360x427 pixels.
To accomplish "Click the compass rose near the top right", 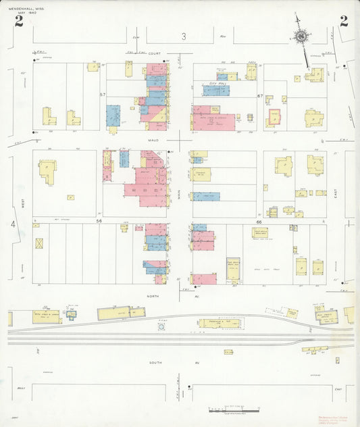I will click(302, 36).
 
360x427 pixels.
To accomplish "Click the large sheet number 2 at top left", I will click(18, 21).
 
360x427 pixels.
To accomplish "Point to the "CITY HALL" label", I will click(216, 83).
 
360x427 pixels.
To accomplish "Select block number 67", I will click(259, 96).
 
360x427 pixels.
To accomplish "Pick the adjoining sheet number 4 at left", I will click(12, 224).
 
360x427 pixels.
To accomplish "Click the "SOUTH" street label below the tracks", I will click(154, 363).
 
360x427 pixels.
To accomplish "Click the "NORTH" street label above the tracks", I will click(153, 295).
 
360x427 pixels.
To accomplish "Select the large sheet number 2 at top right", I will click(344, 21).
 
